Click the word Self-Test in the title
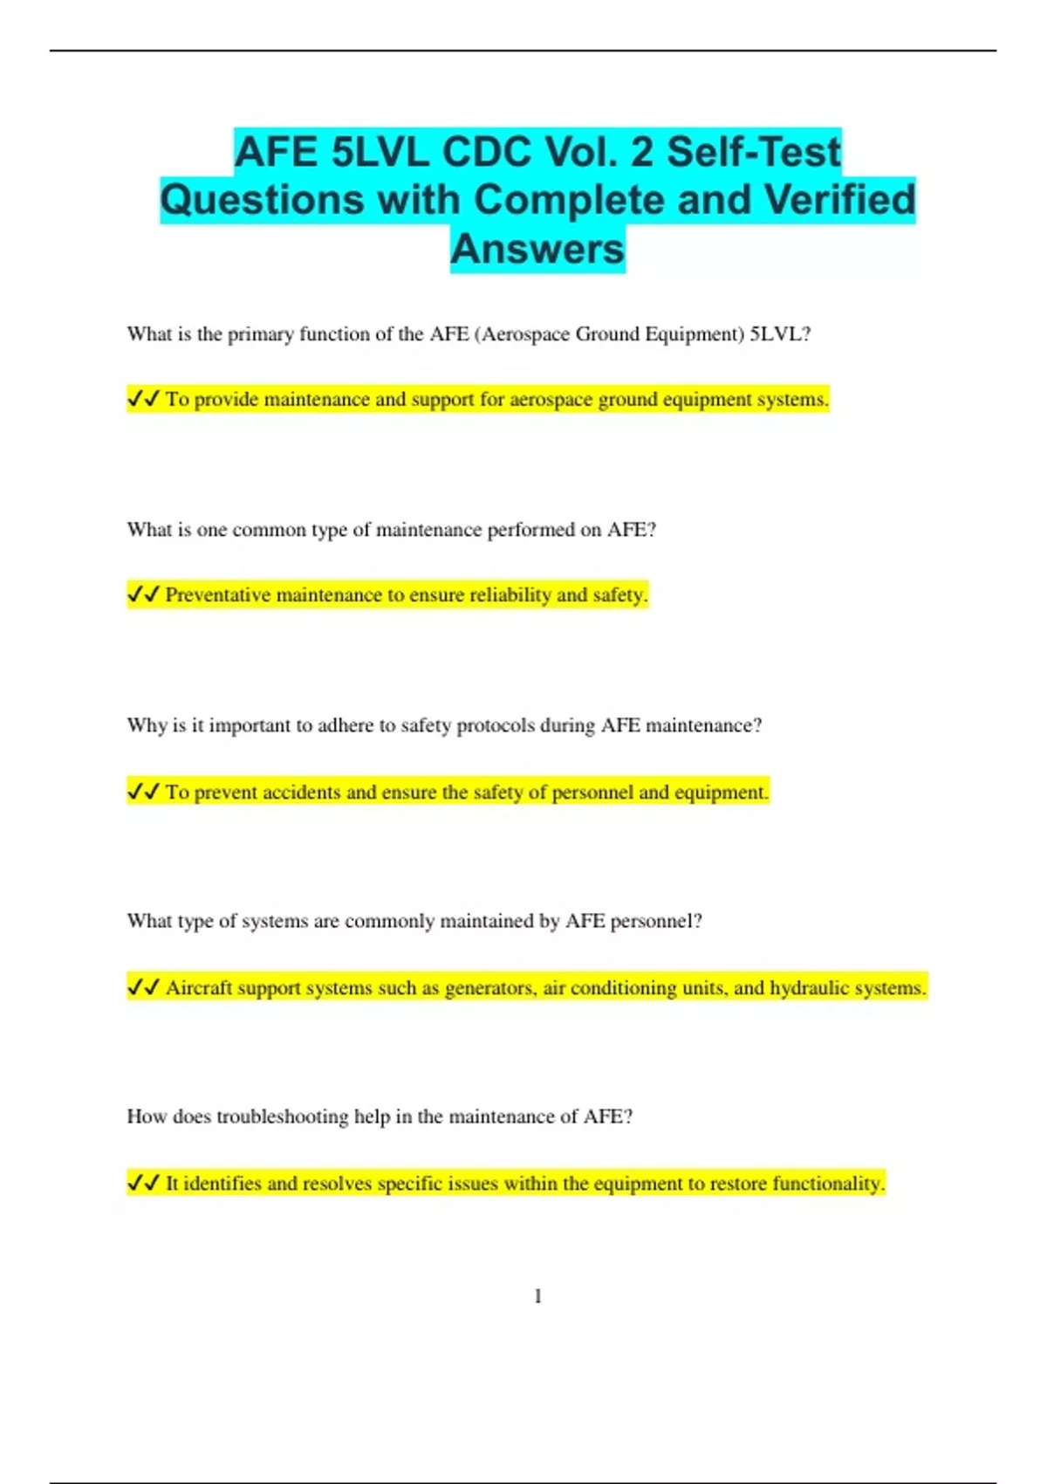tap(754, 152)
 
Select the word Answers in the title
tap(537, 249)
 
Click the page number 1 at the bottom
tap(537, 1296)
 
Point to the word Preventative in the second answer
tap(218, 595)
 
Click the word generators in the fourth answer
tap(489, 988)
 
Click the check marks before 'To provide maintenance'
tap(143, 399)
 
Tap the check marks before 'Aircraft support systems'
tap(143, 987)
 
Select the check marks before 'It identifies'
tap(143, 1183)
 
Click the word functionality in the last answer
tap(829, 1184)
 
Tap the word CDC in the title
tap(487, 152)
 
